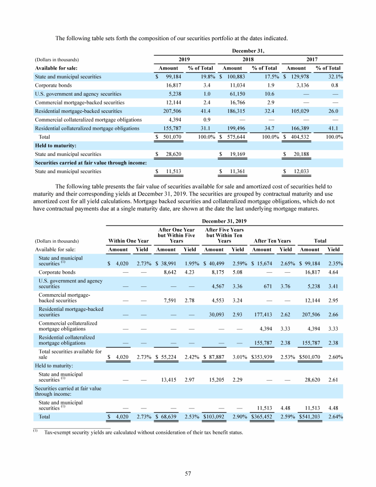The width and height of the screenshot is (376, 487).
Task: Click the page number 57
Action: (188, 473)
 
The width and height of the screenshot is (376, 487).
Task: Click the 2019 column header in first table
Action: (184, 59)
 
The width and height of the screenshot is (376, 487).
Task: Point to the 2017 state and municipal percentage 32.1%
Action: (335, 77)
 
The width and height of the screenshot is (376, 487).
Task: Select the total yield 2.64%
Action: (335, 417)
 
